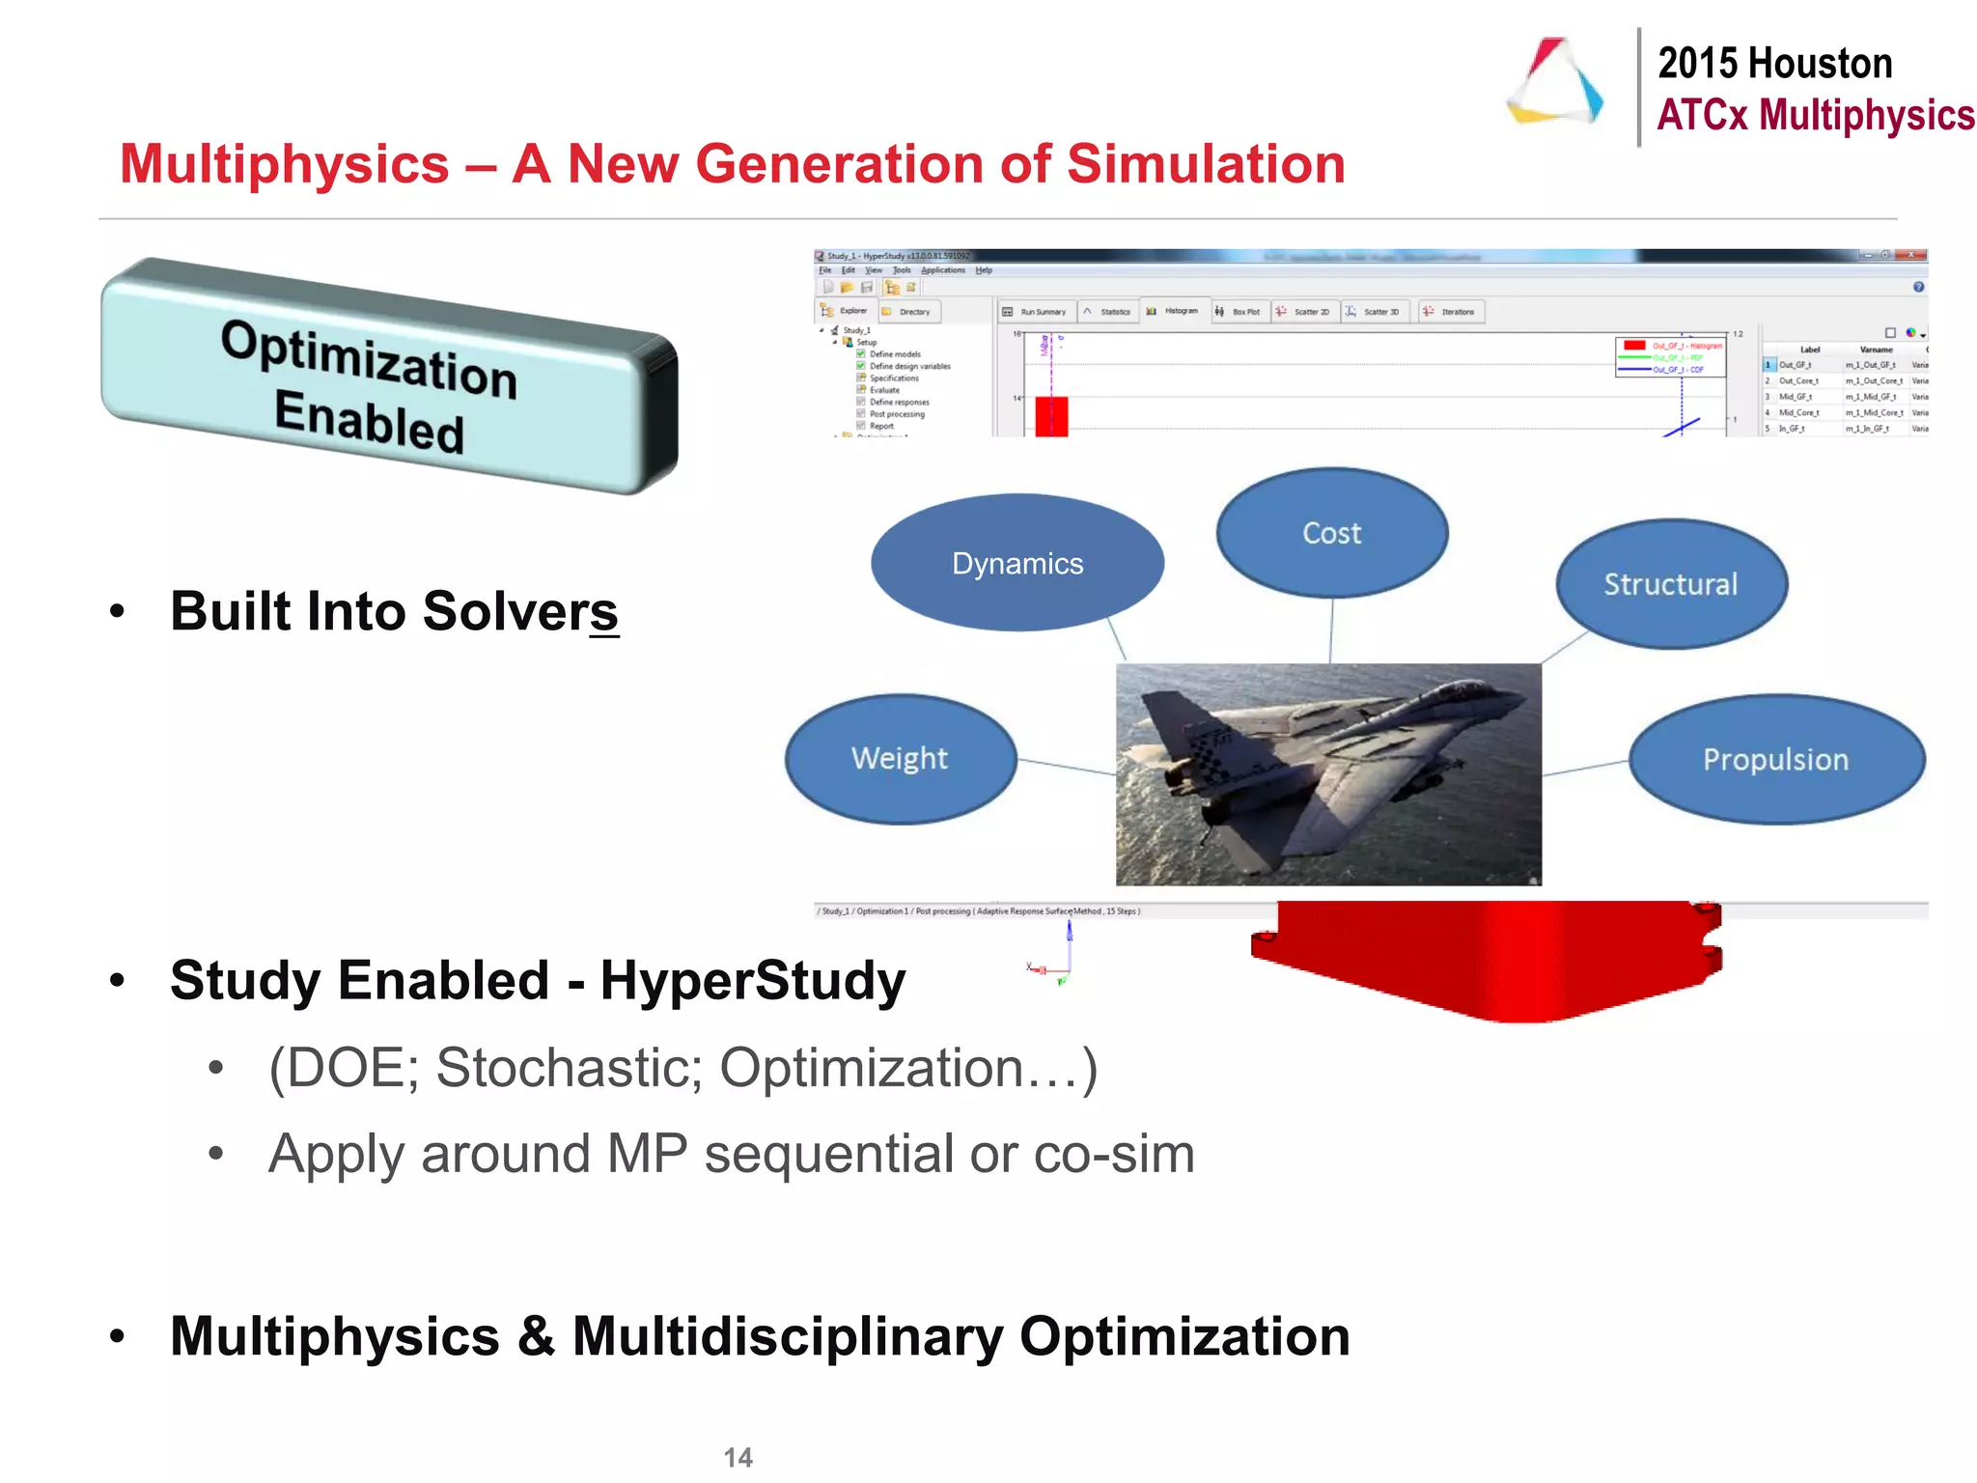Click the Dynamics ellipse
pos(1016,563)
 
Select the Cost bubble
pos(1331,533)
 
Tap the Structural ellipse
pos(1671,584)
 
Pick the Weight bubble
pos(900,759)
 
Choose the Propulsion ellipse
pos(1776,760)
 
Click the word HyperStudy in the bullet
pos(753,981)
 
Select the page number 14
pos(738,1457)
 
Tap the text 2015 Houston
pos(1774,64)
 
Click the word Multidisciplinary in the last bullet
pos(788,1337)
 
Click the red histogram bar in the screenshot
pos(1051,416)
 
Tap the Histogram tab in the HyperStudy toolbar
pos(1174,312)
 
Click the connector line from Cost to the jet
pos(1331,630)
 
